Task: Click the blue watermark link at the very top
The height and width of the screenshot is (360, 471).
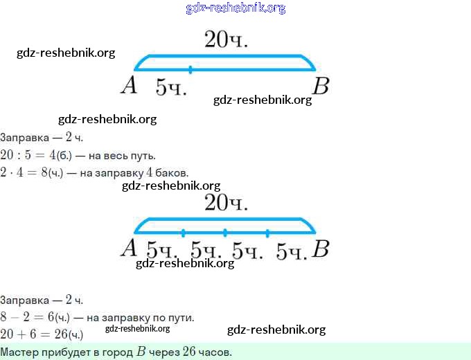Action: click(235, 8)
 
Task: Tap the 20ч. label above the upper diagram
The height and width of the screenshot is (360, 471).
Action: click(226, 40)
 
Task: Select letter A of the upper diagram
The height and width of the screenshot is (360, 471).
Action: click(128, 86)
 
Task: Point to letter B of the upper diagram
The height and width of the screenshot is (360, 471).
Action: click(320, 87)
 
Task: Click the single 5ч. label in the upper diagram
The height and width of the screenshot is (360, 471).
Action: click(171, 87)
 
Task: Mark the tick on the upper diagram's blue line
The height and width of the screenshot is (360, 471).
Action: click(190, 69)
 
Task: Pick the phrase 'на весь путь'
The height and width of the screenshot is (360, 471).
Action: click(124, 155)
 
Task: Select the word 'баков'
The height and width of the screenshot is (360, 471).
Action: click(171, 172)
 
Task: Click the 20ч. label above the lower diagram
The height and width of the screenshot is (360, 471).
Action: click(226, 203)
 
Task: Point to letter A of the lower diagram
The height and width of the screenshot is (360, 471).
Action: click(128, 249)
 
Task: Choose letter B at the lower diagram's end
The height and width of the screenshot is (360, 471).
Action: click(319, 249)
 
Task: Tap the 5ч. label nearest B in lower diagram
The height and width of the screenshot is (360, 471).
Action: click(291, 251)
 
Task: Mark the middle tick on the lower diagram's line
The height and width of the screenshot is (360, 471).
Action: click(225, 232)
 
